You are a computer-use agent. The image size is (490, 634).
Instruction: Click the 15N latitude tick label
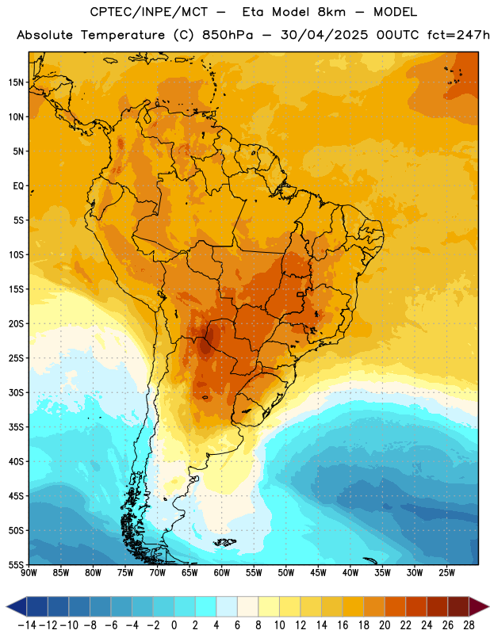(x=16, y=82)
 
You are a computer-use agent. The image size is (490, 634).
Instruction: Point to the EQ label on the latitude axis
(x=18, y=186)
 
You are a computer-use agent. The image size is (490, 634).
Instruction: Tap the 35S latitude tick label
(x=16, y=427)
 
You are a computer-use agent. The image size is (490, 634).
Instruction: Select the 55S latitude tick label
(x=16, y=564)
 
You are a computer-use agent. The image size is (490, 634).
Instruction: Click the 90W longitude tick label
(x=29, y=573)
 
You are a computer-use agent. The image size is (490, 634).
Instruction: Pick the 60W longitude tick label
(x=222, y=573)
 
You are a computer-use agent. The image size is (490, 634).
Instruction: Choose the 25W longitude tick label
(x=446, y=573)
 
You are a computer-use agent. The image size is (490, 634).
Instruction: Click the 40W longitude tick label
(x=350, y=573)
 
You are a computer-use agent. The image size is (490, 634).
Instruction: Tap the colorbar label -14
(x=27, y=625)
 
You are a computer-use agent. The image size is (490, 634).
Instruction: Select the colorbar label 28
(x=469, y=625)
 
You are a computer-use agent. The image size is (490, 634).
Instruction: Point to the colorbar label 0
(x=174, y=625)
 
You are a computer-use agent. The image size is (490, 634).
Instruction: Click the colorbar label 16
(x=343, y=625)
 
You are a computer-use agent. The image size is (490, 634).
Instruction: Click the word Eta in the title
(x=253, y=12)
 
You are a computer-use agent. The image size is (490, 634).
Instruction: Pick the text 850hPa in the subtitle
(x=228, y=35)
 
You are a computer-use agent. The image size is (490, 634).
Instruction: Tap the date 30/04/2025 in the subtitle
(x=324, y=35)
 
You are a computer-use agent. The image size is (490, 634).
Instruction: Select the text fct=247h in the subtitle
(x=458, y=35)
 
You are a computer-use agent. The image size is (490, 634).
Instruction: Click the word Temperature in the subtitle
(x=123, y=36)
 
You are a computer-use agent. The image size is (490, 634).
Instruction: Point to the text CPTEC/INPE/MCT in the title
(x=149, y=12)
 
